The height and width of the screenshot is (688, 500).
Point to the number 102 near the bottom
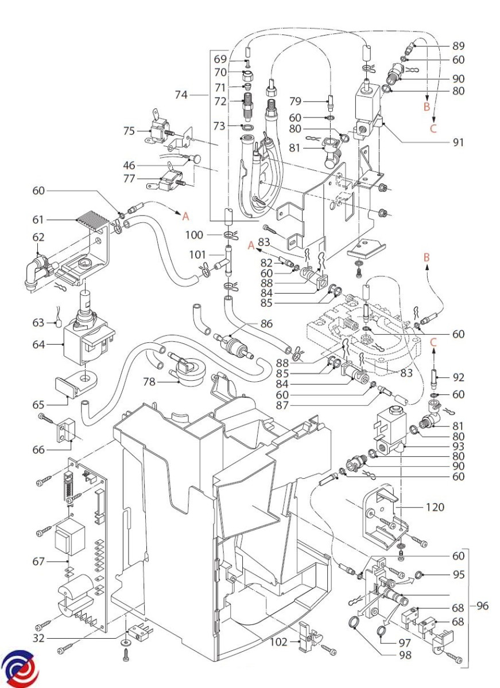click(x=278, y=642)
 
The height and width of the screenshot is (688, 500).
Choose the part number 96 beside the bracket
click(x=482, y=606)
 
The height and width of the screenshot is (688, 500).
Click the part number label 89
click(x=458, y=46)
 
